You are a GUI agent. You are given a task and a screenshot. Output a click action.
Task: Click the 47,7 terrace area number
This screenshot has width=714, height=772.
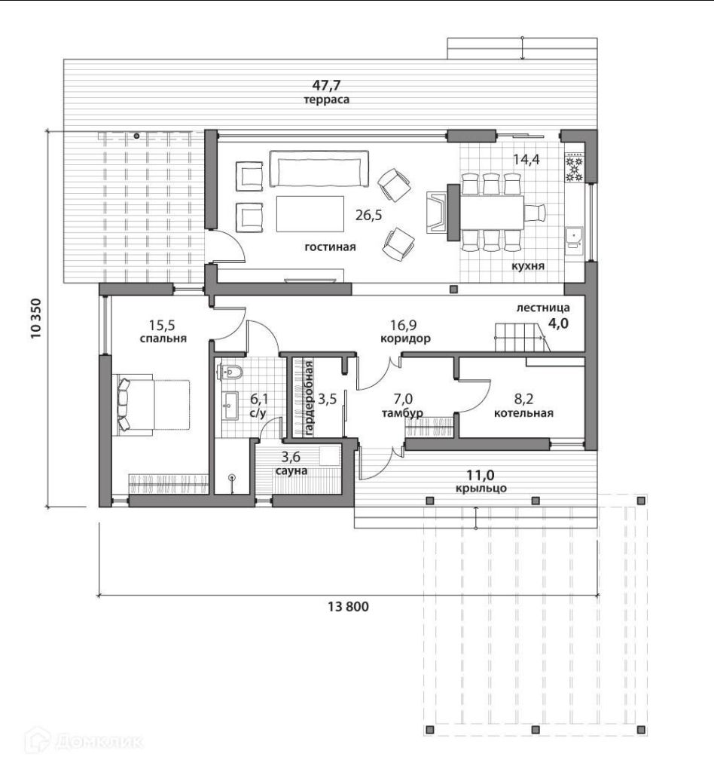(326, 85)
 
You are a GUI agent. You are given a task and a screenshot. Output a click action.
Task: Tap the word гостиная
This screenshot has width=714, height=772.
(330, 247)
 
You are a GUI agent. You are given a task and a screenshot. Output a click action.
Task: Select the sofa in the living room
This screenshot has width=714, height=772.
(319, 169)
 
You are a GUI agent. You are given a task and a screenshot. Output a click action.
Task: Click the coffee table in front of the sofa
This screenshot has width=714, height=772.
(310, 213)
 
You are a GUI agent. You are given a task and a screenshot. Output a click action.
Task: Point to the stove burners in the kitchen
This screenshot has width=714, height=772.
(573, 168)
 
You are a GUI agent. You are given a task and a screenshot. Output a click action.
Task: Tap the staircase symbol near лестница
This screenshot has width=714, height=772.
(520, 337)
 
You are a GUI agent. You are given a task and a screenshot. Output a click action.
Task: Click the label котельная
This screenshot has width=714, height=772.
(523, 413)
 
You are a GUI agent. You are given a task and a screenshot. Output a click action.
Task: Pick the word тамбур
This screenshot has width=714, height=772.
(402, 413)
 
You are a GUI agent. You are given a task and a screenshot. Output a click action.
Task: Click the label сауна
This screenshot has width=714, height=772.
(291, 470)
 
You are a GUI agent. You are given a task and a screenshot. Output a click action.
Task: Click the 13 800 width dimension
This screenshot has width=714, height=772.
(348, 606)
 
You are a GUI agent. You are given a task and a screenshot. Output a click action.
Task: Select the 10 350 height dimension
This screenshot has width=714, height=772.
(36, 319)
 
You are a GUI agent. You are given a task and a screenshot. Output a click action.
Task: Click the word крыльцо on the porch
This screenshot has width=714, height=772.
(481, 488)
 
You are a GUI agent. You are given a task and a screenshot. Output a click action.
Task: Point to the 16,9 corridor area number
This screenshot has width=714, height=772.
(404, 325)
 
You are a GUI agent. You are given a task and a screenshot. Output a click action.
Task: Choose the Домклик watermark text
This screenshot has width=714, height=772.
(99, 742)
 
